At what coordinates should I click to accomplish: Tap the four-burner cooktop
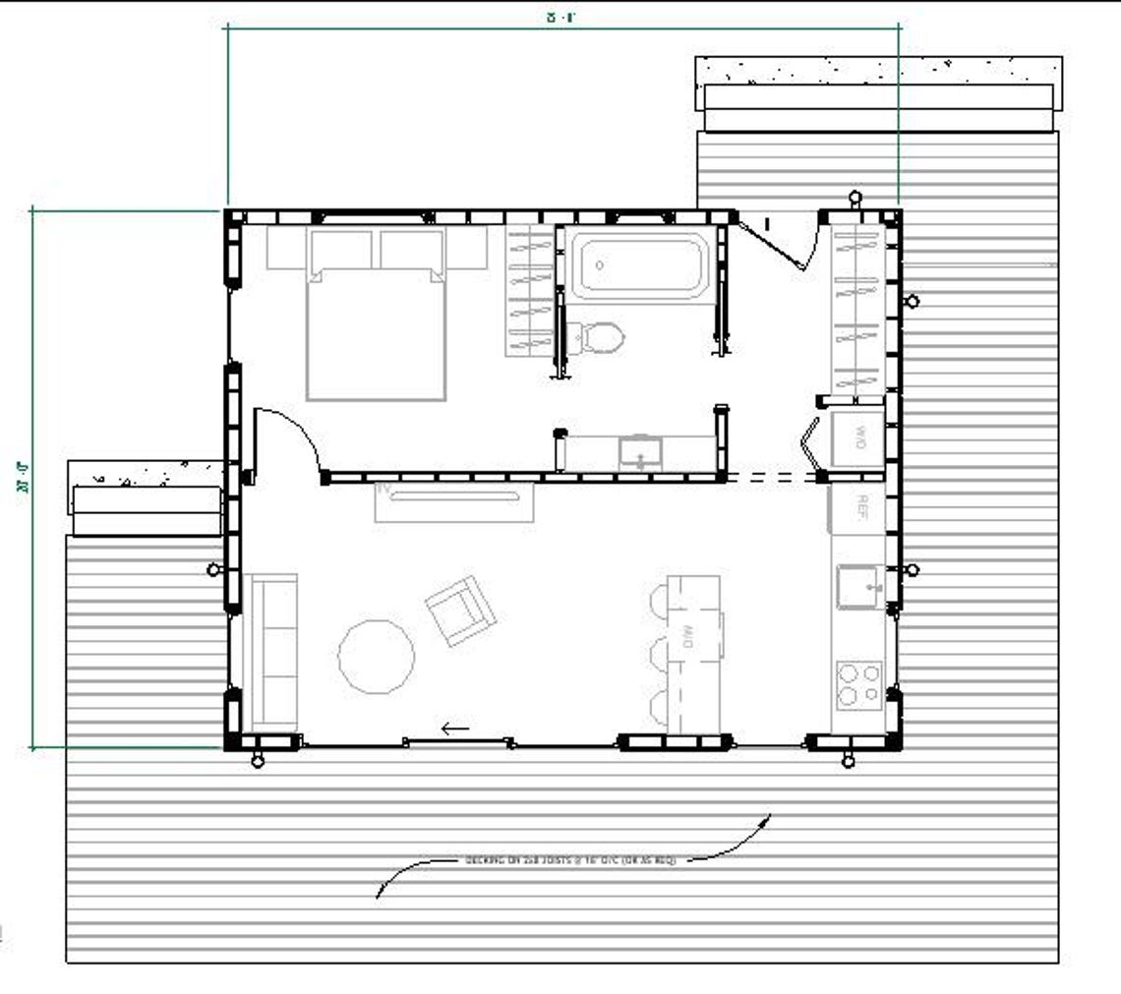858,685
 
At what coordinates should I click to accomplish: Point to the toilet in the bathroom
600,337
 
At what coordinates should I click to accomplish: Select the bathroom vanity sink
642,454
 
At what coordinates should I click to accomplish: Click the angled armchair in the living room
460,611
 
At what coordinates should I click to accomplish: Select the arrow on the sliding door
455,729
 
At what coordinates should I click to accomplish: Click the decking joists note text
570,860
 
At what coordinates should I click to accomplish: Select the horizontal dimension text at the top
560,16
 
